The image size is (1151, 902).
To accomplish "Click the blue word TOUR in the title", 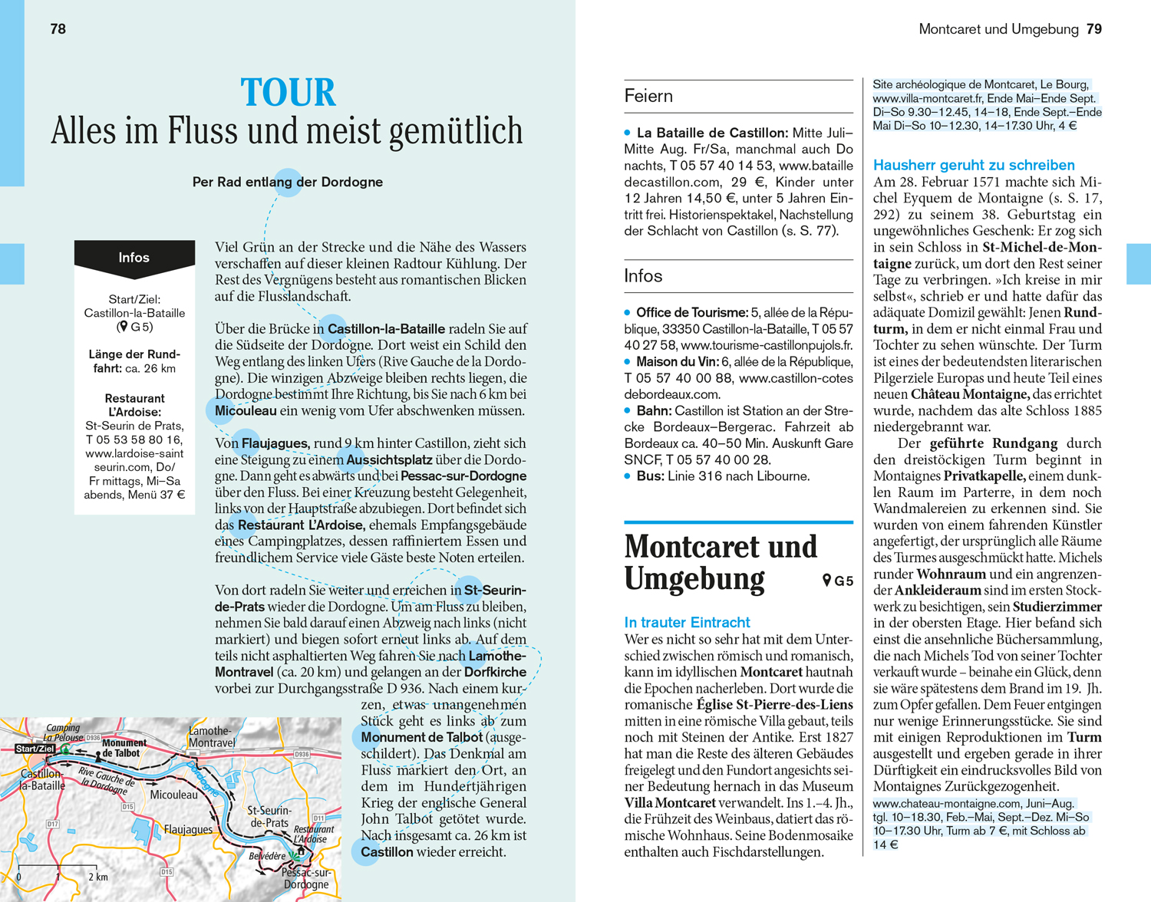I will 289,93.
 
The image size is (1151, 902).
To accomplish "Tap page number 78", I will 58,29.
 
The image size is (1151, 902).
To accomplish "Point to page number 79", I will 1094,29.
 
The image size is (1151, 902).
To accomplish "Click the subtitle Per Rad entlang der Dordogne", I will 288,183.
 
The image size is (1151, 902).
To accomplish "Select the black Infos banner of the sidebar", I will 134,258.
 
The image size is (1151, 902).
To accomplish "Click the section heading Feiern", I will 648,97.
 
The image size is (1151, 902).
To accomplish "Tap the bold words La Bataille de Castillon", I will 712,133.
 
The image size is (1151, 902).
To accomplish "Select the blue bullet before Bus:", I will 628,476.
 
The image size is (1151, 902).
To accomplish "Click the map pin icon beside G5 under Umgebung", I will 826,581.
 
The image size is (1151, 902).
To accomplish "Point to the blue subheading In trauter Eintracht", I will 687,622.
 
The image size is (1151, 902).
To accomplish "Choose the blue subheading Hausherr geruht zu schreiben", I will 974,165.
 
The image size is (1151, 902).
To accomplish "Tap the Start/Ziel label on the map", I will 35,749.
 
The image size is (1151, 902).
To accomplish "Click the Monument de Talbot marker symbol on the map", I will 99,757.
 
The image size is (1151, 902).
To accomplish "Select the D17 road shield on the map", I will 53,824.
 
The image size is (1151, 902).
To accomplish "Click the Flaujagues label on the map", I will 188,829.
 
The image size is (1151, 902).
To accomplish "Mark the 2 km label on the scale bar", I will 97,877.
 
